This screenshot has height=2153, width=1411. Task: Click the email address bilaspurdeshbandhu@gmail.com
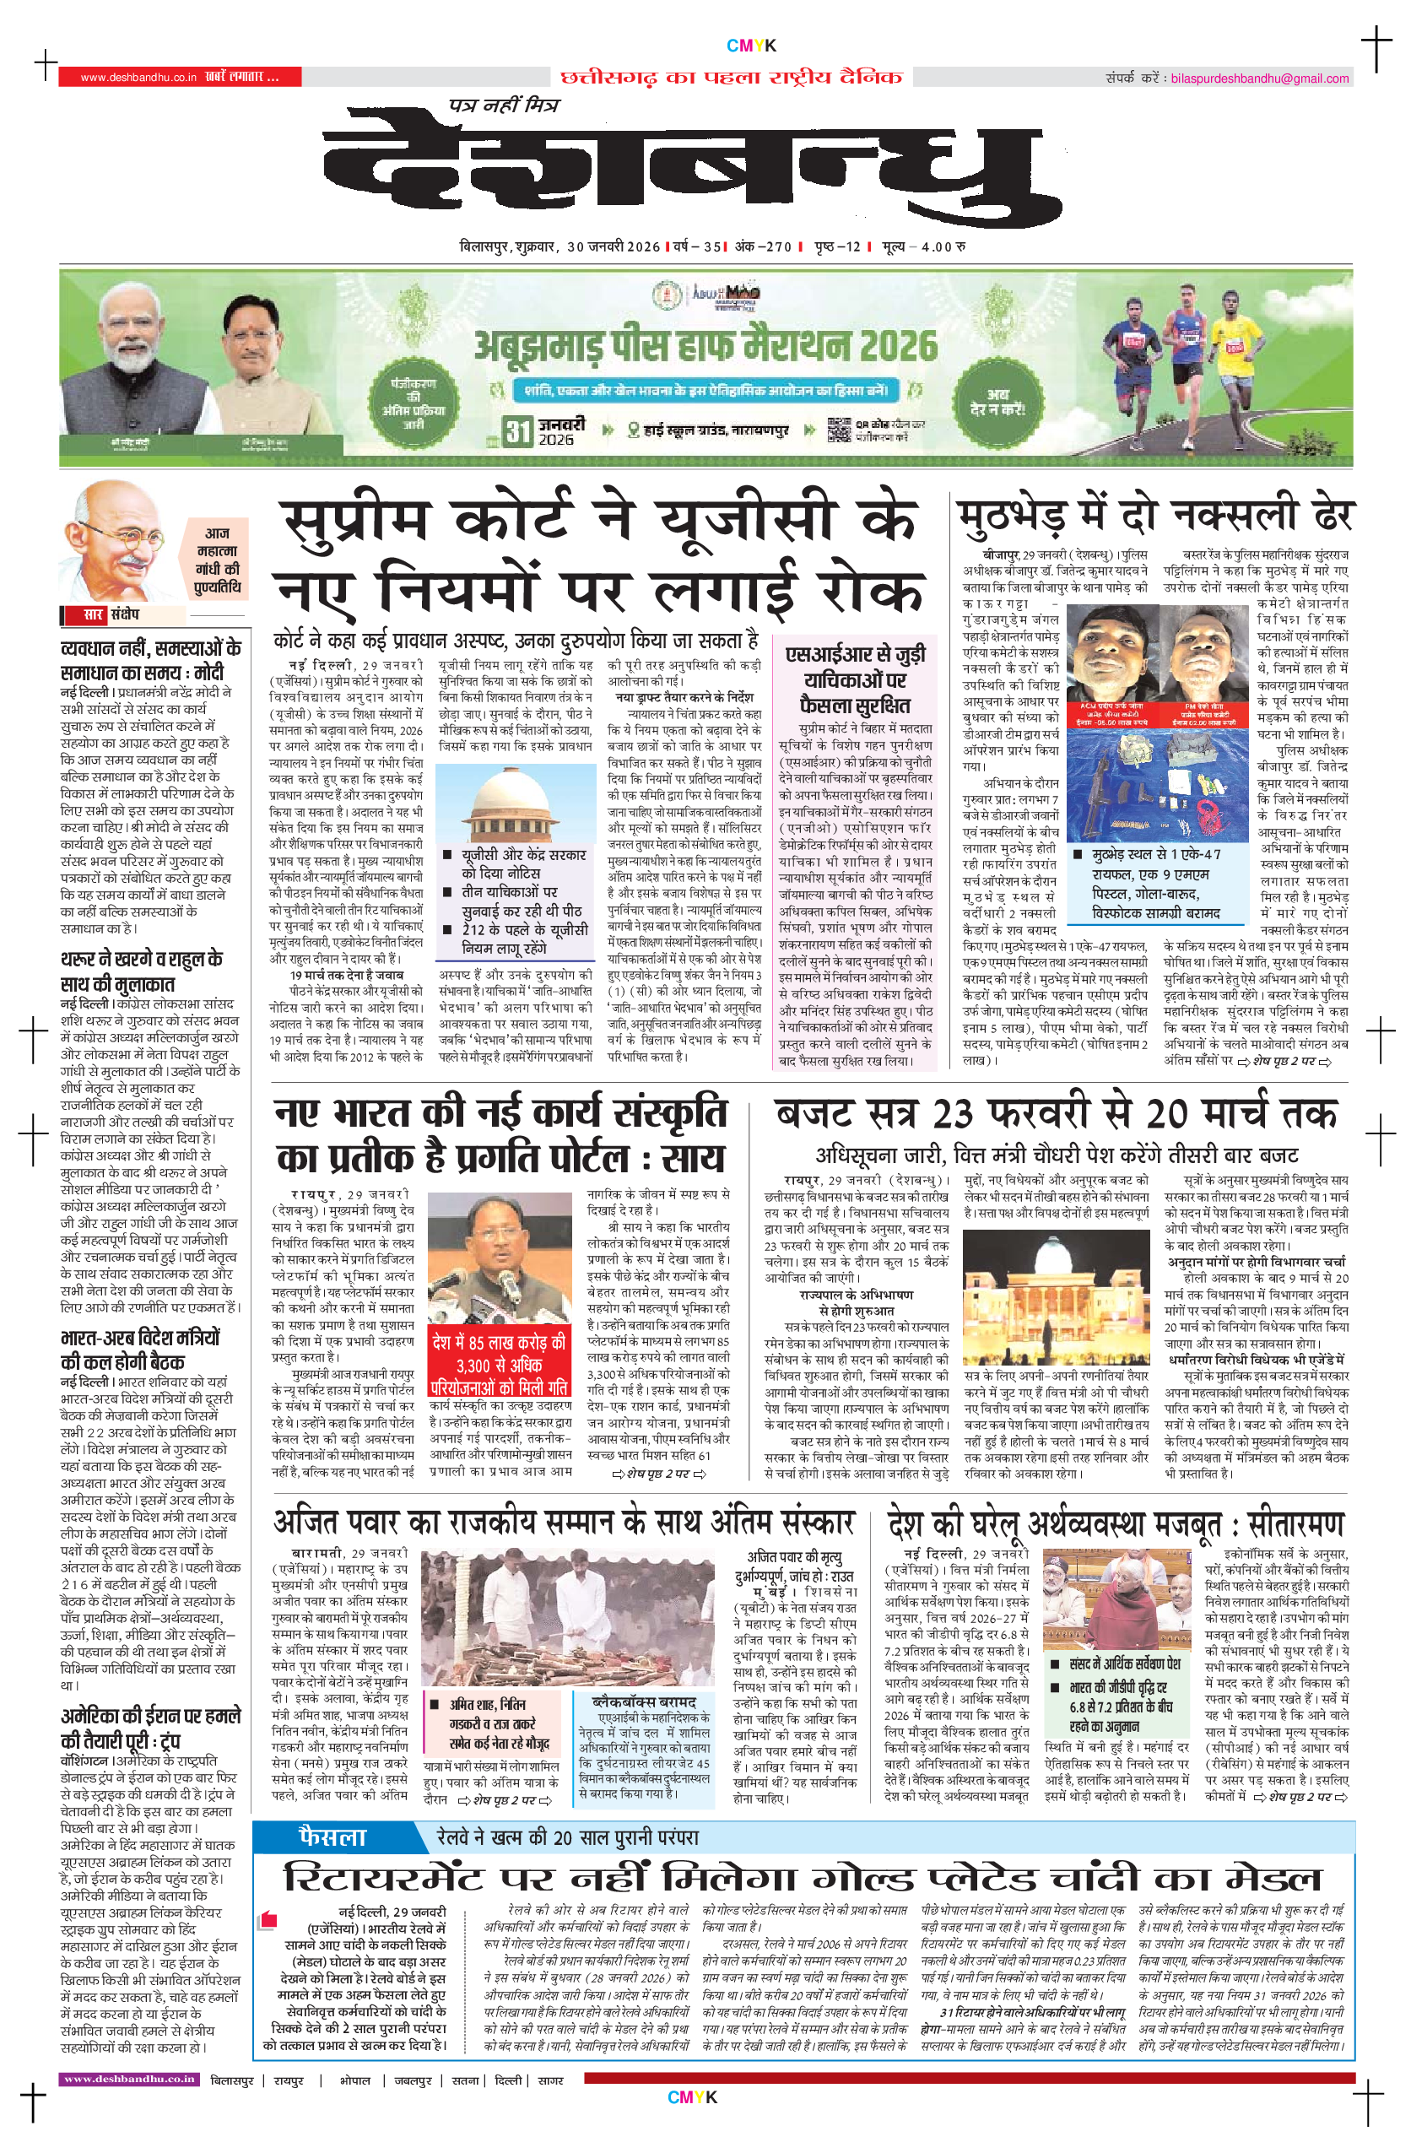point(1259,78)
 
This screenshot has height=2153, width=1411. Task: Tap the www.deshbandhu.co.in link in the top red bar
point(138,78)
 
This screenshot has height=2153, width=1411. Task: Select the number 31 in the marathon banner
point(517,430)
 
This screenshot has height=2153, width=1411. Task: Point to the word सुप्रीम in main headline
point(356,522)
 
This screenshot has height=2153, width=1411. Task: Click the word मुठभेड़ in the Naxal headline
point(1011,517)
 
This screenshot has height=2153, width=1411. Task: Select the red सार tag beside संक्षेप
point(93,615)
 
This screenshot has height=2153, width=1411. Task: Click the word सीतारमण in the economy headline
point(1295,1526)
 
